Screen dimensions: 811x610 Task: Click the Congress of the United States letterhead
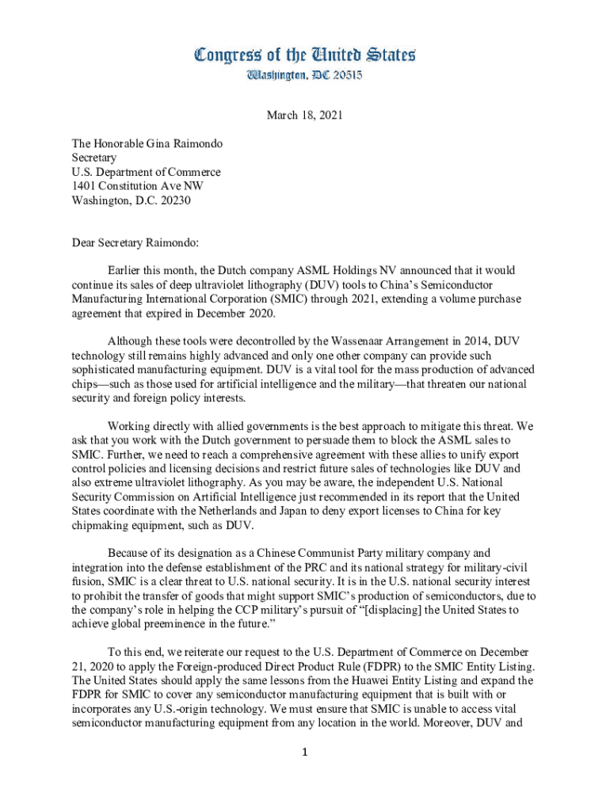(x=305, y=55)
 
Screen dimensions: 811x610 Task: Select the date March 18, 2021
(x=305, y=116)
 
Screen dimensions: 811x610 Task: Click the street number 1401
(x=86, y=186)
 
